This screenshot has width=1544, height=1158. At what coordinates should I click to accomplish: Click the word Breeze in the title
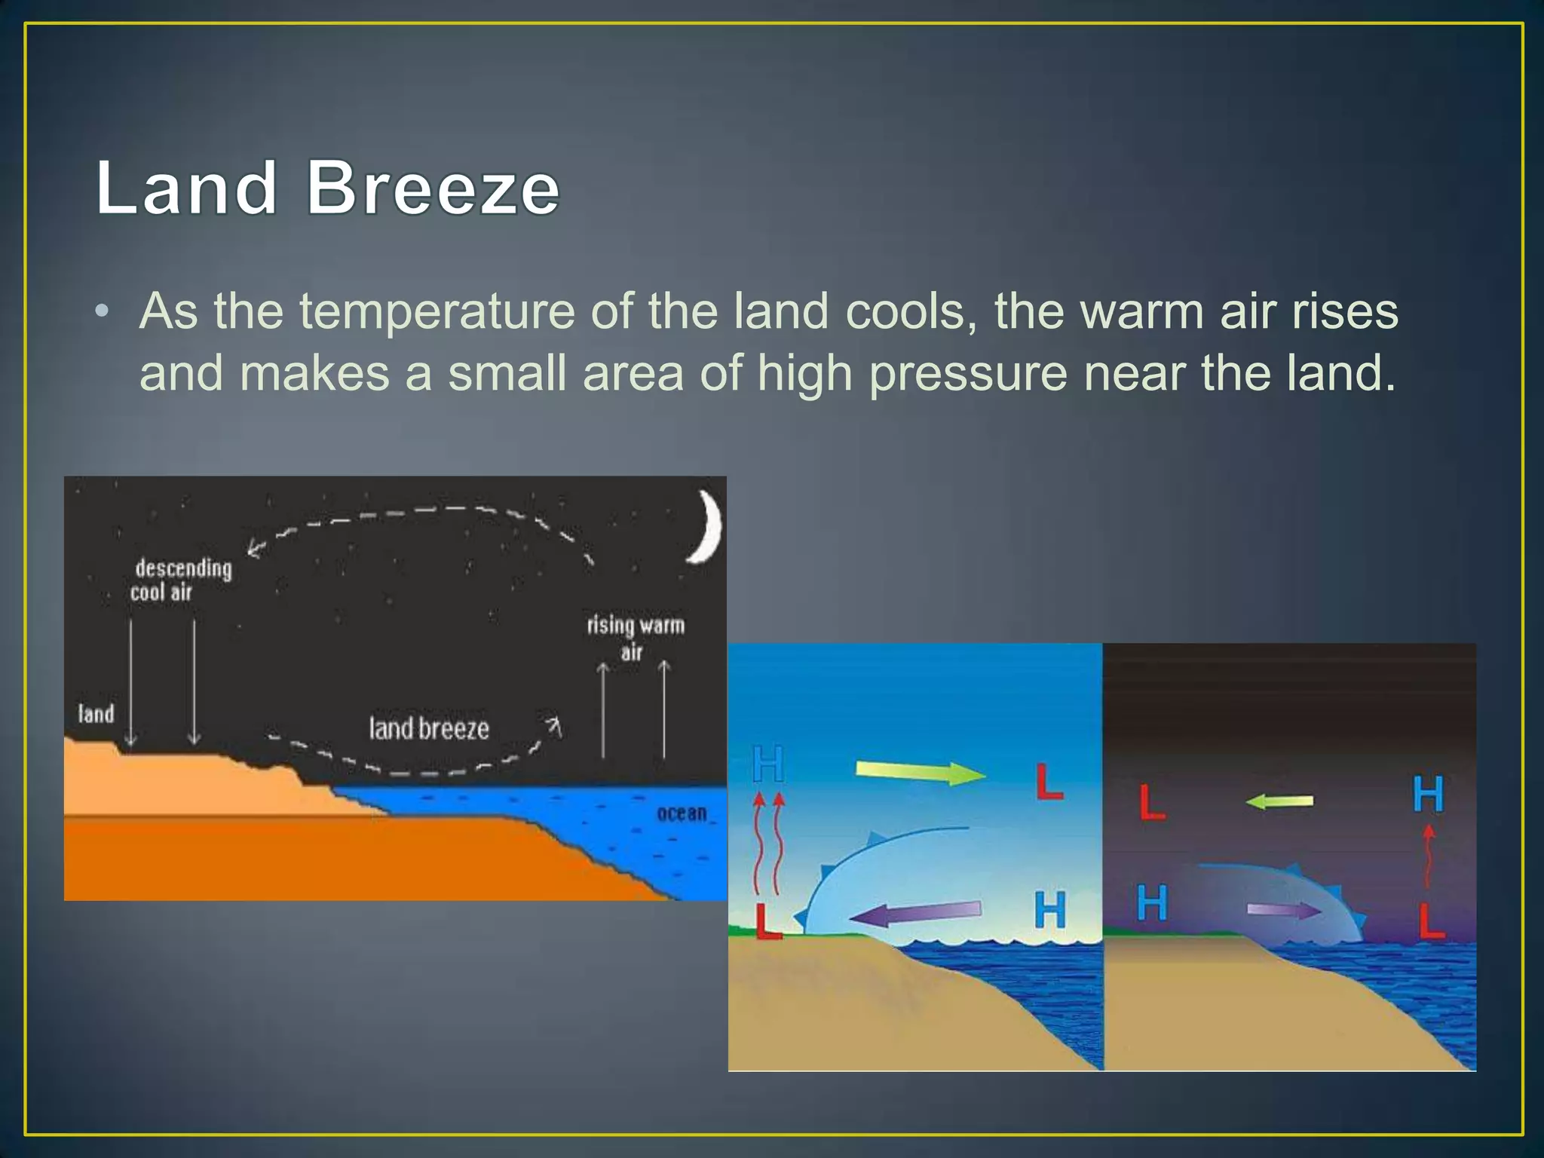pyautogui.click(x=433, y=188)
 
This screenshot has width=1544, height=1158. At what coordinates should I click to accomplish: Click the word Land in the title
pyautogui.click(x=186, y=188)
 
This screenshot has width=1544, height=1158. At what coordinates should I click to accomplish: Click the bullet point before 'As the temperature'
pyautogui.click(x=103, y=312)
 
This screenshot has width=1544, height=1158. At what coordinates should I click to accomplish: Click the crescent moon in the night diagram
pyautogui.click(x=706, y=527)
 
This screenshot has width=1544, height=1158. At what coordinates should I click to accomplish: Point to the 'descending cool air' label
pyautogui.click(x=182, y=580)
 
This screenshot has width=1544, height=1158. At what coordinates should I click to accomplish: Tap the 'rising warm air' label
pyautogui.click(x=636, y=636)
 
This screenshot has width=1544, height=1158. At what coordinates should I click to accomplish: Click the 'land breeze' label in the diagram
pyautogui.click(x=429, y=728)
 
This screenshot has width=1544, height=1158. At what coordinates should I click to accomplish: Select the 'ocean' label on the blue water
pyautogui.click(x=682, y=813)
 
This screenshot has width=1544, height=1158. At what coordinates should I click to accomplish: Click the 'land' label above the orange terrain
pyautogui.click(x=96, y=713)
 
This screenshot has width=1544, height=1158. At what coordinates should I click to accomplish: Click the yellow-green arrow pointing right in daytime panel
pyautogui.click(x=920, y=772)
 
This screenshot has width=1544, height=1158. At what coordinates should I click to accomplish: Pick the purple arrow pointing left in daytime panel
pyautogui.click(x=915, y=914)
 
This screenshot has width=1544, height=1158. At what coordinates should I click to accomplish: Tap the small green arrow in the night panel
pyautogui.click(x=1279, y=801)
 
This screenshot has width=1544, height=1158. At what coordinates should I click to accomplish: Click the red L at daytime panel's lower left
pyautogui.click(x=767, y=921)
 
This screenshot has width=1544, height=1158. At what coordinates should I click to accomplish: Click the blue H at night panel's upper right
pyautogui.click(x=1427, y=794)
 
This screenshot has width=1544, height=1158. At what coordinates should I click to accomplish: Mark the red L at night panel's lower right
pyautogui.click(x=1430, y=921)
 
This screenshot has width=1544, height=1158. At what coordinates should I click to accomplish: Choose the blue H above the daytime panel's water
pyautogui.click(x=1049, y=909)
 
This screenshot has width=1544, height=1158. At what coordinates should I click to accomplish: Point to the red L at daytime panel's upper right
pyautogui.click(x=1048, y=782)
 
